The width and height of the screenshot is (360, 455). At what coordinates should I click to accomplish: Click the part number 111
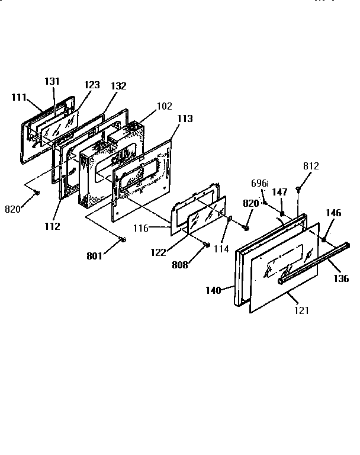click(20, 97)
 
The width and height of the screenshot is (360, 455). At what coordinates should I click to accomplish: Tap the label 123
click(92, 85)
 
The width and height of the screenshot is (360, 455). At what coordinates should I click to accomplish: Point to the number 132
click(118, 86)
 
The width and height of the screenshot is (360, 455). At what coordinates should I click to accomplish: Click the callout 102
click(164, 107)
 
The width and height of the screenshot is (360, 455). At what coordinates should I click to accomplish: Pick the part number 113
click(185, 118)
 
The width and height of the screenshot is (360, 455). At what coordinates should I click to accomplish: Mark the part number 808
click(180, 265)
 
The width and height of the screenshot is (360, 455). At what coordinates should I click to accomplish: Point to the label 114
click(221, 249)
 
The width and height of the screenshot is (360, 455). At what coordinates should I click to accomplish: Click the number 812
click(311, 166)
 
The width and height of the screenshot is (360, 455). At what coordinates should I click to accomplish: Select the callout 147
click(280, 192)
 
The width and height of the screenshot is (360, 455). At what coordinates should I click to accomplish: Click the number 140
click(213, 290)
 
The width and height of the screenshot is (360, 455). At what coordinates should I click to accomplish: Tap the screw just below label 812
click(298, 189)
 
